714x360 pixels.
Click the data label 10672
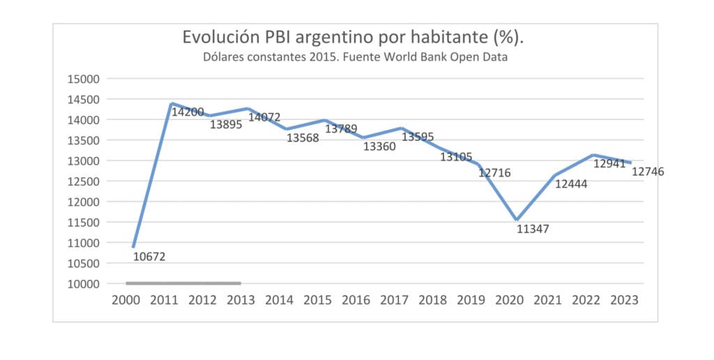coord(149,257)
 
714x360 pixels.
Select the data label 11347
coord(533,229)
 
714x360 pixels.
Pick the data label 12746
coord(648,172)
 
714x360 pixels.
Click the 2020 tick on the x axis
coord(509,300)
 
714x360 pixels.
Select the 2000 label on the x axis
coord(126,300)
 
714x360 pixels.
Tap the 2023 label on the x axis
coord(624,300)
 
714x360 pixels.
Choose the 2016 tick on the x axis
coord(356,300)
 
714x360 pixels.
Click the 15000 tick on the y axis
coord(84,79)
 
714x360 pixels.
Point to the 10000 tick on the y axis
coord(84,284)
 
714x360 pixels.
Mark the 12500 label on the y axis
coord(84,181)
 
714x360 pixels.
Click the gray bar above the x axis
coord(183,283)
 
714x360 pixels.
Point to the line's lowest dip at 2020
coord(517,220)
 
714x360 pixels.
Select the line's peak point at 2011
coord(171,104)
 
